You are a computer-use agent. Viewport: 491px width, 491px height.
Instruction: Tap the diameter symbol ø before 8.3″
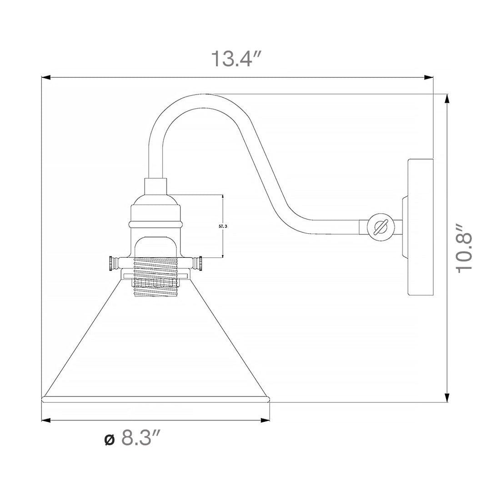109,440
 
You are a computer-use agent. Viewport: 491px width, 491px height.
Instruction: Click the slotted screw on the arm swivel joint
381,226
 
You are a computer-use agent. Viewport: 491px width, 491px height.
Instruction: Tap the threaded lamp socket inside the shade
155,276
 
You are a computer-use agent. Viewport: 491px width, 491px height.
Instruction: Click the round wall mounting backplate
421,227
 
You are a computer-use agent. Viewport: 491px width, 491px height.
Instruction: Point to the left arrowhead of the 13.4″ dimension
45,78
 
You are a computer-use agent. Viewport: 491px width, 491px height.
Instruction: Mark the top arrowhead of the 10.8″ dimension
447,98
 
